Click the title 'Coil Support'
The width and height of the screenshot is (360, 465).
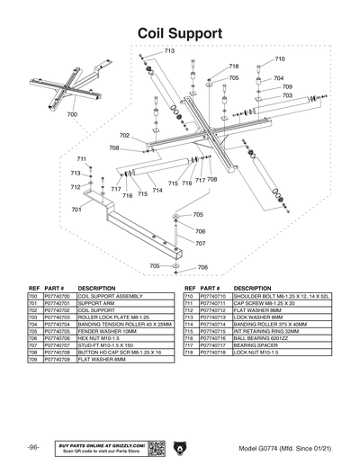click(x=180, y=32)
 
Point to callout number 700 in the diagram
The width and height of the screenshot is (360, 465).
click(x=71, y=115)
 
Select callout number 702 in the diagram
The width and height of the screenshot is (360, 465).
click(x=124, y=136)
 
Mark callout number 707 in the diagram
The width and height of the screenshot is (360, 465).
click(x=200, y=244)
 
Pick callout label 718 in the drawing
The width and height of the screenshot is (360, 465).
click(x=234, y=67)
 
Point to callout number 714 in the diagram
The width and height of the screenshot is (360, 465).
click(x=157, y=191)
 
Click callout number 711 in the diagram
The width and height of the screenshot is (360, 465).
click(x=81, y=159)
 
